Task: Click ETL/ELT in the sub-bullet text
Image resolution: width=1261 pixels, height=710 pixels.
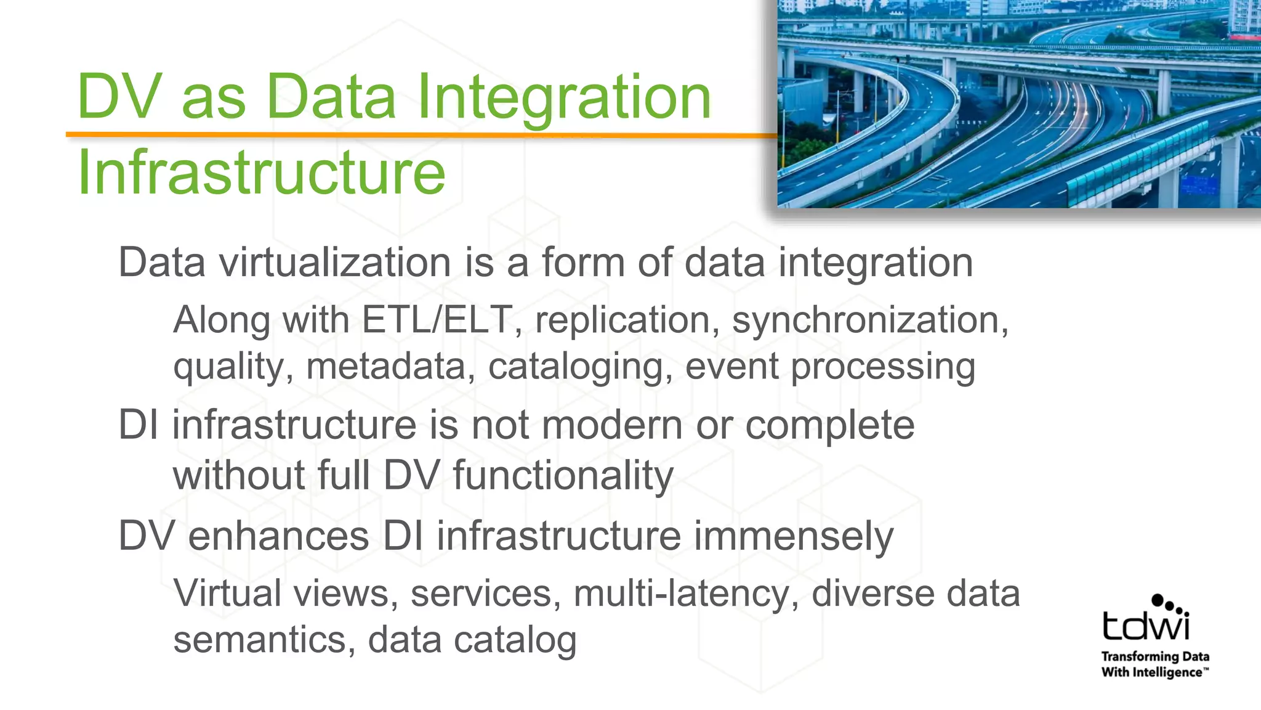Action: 438,320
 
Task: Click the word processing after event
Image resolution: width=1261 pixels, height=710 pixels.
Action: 883,367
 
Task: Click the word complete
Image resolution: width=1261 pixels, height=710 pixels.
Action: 829,425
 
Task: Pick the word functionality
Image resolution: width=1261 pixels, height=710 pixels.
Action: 563,476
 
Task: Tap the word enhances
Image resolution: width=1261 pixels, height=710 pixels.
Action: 278,536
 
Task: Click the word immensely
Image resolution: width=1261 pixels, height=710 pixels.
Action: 794,536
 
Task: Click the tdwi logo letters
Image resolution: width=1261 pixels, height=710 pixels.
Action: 1145,626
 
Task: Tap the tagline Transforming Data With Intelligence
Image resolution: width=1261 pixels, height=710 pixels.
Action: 1155,664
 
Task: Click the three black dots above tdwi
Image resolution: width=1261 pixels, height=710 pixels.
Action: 1169,604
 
